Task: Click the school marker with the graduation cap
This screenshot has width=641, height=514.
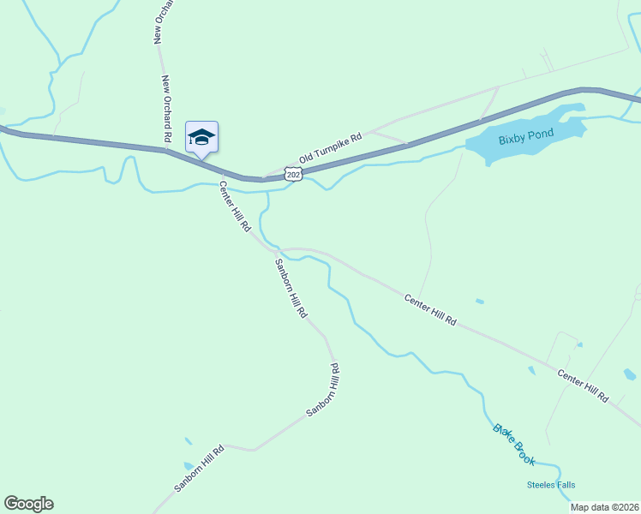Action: [201, 137]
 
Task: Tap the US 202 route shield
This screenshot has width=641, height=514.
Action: [293, 175]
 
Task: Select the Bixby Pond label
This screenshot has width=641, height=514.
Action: [526, 134]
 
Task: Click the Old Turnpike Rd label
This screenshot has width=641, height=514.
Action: [331, 147]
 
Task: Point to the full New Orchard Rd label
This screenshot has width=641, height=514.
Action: [167, 109]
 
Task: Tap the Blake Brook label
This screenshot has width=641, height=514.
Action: [514, 445]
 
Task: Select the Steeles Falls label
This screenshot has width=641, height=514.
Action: [553, 485]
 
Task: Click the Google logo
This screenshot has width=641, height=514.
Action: [28, 504]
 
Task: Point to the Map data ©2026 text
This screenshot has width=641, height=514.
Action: [605, 507]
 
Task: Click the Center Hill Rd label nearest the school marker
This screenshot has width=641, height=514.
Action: [234, 206]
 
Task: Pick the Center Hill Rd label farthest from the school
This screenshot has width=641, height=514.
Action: [583, 386]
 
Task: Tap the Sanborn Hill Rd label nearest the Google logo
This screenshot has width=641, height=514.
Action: [199, 468]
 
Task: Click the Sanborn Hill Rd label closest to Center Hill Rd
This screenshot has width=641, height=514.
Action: [290, 287]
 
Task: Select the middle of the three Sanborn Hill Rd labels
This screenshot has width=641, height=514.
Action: [322, 391]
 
